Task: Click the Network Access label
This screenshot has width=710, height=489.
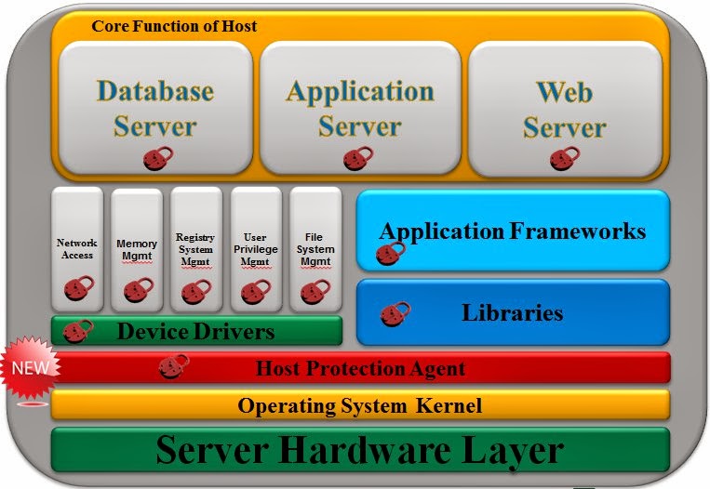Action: [76, 248]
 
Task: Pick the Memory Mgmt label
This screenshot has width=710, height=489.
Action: [136, 250]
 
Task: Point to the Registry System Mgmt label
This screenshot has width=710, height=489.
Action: [194, 249]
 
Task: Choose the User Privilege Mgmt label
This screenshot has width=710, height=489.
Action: [254, 249]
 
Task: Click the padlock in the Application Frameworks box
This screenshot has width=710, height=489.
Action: [390, 252]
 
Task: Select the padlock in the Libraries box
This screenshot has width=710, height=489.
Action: [395, 313]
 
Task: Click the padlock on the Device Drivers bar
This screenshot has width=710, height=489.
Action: [78, 329]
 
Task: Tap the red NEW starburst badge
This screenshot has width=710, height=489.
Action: [28, 366]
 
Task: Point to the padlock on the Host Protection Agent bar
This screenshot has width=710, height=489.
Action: [173, 367]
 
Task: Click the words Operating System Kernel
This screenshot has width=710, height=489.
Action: [359, 405]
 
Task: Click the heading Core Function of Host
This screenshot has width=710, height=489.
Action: [174, 26]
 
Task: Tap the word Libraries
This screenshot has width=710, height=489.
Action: [512, 312]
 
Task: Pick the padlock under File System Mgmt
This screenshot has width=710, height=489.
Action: [313, 292]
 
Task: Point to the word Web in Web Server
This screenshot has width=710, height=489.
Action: [564, 92]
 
